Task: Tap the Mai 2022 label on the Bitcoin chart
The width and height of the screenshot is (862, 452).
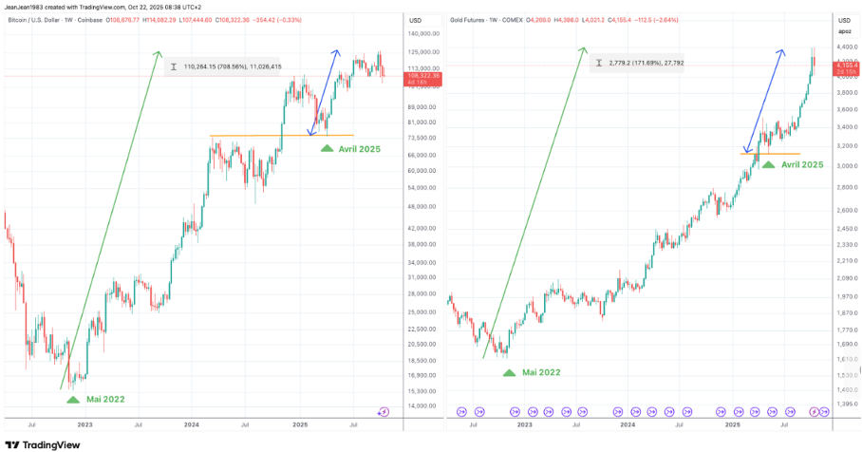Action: click(x=105, y=400)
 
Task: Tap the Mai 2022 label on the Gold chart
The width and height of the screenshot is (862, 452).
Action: click(x=541, y=372)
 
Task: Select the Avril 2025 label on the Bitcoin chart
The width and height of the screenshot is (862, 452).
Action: click(x=361, y=149)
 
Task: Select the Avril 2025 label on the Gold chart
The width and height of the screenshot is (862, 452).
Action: click(x=802, y=164)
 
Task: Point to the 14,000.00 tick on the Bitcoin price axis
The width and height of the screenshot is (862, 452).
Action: click(x=422, y=405)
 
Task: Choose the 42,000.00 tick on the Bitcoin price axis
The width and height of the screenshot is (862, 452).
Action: click(x=422, y=229)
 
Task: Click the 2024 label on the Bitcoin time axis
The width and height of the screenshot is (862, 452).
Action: click(x=192, y=426)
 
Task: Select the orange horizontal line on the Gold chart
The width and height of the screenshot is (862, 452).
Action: click(x=770, y=153)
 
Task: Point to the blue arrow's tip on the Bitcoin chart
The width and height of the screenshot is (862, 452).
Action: click(x=339, y=49)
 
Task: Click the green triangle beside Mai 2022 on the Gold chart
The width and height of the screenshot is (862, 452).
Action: click(x=510, y=372)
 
